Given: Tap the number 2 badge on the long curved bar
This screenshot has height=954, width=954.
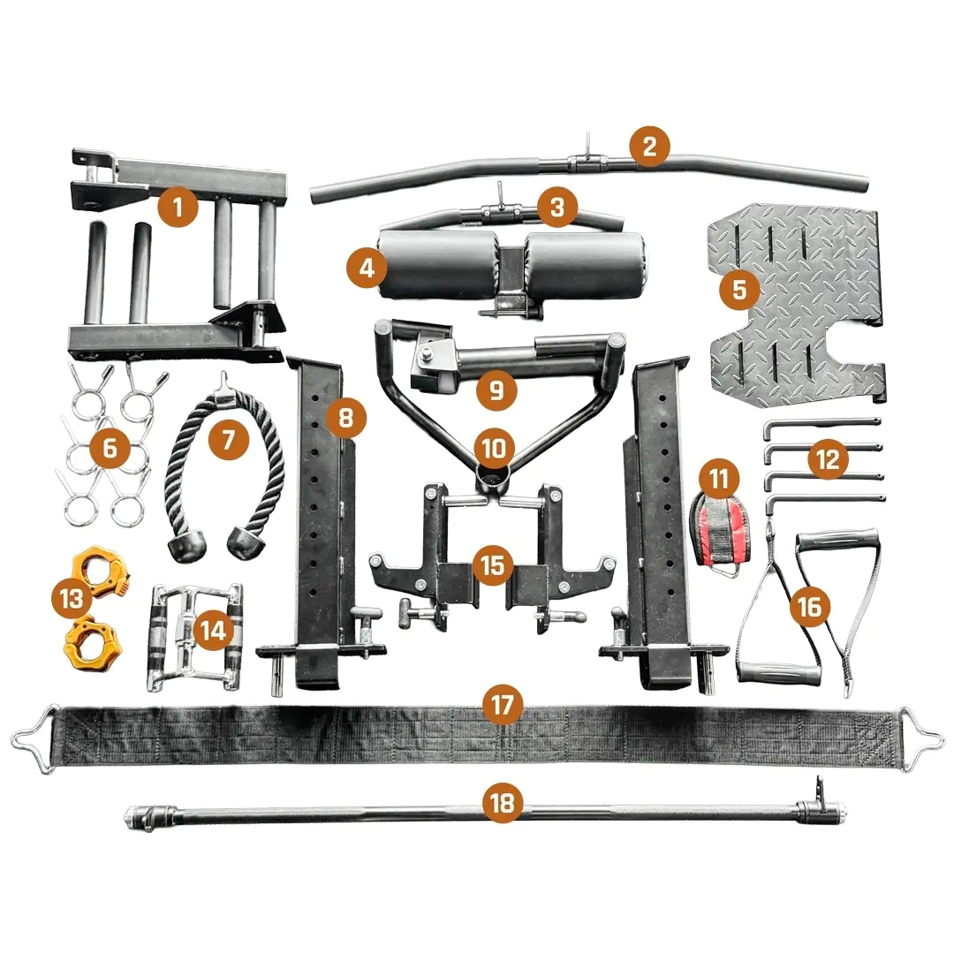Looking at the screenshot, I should click(649, 147).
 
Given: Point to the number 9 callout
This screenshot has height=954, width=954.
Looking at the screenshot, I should click(496, 390).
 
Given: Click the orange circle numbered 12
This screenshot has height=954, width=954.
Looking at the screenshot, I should click(828, 459).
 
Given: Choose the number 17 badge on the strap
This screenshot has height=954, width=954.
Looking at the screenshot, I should click(503, 705).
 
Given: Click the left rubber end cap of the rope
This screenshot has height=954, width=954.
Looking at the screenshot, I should click(186, 549).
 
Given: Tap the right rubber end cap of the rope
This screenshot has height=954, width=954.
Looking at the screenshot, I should click(247, 541).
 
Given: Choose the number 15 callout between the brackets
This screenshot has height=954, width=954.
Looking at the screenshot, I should click(492, 564).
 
